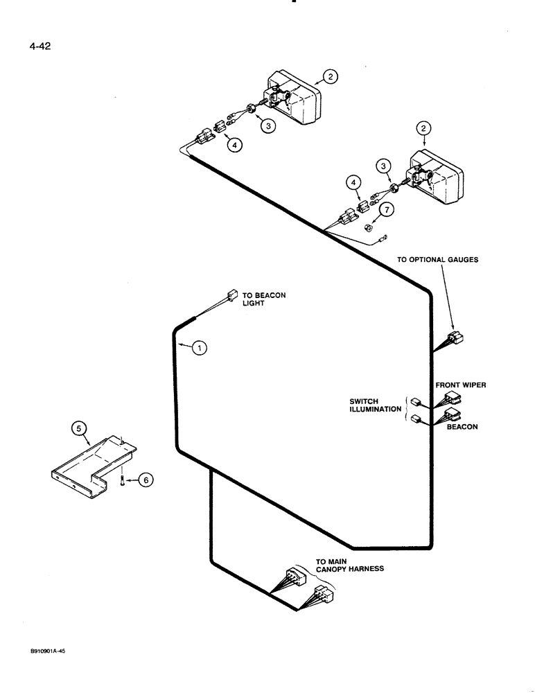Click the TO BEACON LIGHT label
(x=263, y=299)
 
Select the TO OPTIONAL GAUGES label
(x=437, y=260)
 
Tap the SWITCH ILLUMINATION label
(x=375, y=405)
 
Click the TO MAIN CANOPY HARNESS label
(x=349, y=564)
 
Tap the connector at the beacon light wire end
(x=233, y=295)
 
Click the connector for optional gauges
(x=456, y=338)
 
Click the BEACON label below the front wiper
(x=462, y=428)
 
